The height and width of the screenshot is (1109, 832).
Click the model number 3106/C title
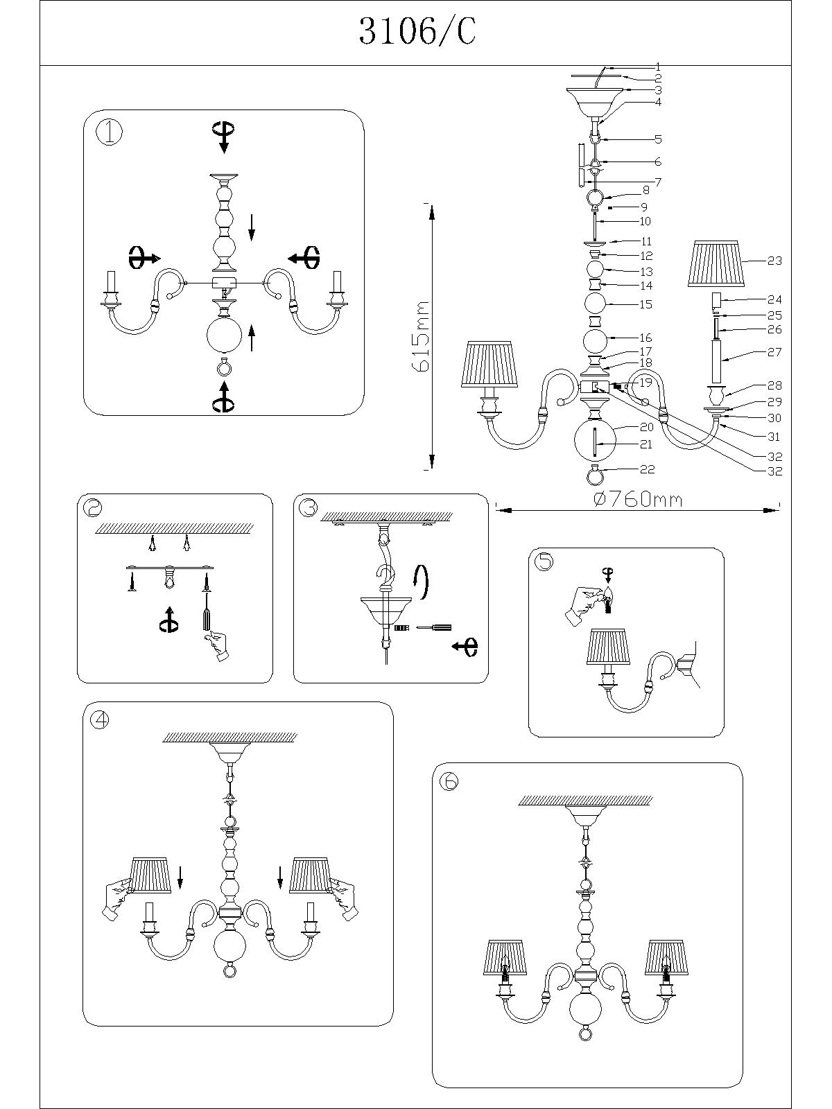pos(417,33)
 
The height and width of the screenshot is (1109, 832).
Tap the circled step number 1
pos(109,132)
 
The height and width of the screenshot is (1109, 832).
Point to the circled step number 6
pos(449,781)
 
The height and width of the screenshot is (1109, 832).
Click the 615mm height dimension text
pos(421,336)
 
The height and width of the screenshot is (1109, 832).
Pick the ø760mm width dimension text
pos(639,499)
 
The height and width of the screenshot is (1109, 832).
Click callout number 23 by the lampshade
pos(774,261)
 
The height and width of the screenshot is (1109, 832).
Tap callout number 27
pos(774,352)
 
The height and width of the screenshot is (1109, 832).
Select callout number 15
pos(645,304)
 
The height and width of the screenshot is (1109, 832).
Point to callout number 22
pos(647,469)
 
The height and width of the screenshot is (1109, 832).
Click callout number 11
pos(646,242)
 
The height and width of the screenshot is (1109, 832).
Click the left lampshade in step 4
pos(151,875)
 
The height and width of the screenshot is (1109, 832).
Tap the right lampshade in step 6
pos(665,958)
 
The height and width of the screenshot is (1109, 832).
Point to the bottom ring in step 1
pos(224,366)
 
